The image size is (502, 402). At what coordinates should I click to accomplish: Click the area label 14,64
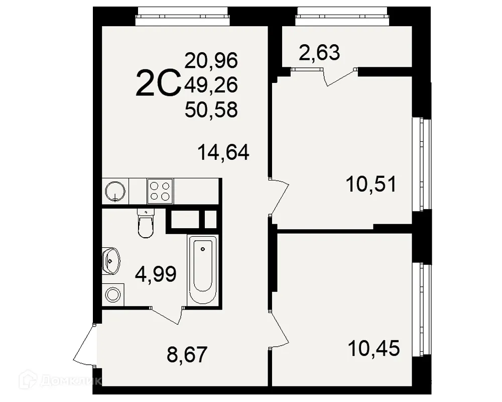click(x=223, y=152)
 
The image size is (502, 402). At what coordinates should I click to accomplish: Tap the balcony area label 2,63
click(x=319, y=52)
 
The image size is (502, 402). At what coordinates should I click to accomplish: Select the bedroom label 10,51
click(x=371, y=184)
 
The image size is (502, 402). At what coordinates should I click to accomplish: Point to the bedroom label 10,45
click(x=374, y=347)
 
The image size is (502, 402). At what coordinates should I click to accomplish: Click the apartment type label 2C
click(x=158, y=84)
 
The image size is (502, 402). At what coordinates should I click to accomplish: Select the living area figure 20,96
click(x=211, y=61)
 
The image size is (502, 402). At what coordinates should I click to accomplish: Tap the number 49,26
click(x=211, y=85)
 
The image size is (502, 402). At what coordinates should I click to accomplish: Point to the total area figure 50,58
click(x=211, y=109)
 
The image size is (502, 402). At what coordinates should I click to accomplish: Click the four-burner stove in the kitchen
click(x=160, y=190)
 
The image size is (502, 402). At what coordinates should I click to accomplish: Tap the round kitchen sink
click(x=116, y=190)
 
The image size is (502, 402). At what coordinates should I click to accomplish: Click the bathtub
click(x=203, y=269)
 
